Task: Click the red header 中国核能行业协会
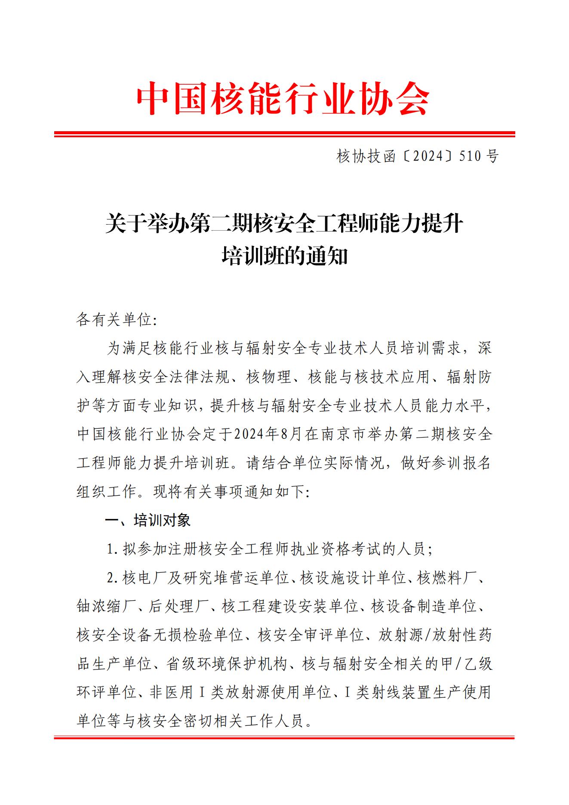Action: tap(283, 99)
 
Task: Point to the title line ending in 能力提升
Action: tap(284, 225)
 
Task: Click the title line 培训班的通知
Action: tap(284, 257)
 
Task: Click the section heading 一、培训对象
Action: tap(148, 521)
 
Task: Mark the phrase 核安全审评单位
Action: tap(311, 635)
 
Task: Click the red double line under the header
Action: tap(284, 135)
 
